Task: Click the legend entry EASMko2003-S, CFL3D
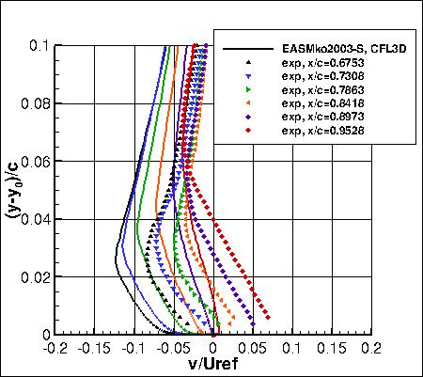(319, 48)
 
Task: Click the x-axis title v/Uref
(213, 366)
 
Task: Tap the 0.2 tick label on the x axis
(371, 347)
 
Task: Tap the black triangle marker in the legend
(248, 62)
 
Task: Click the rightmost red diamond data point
(278, 318)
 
